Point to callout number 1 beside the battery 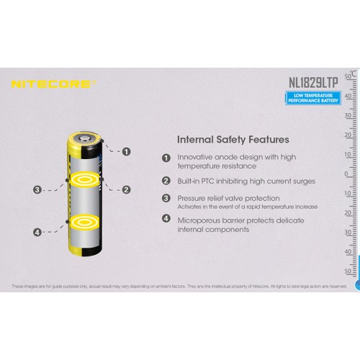(127, 151)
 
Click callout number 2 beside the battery (126, 189)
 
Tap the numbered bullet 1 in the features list (166, 158)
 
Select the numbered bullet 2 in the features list (166, 181)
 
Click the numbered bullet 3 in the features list (166, 198)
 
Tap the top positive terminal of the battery (86, 135)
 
